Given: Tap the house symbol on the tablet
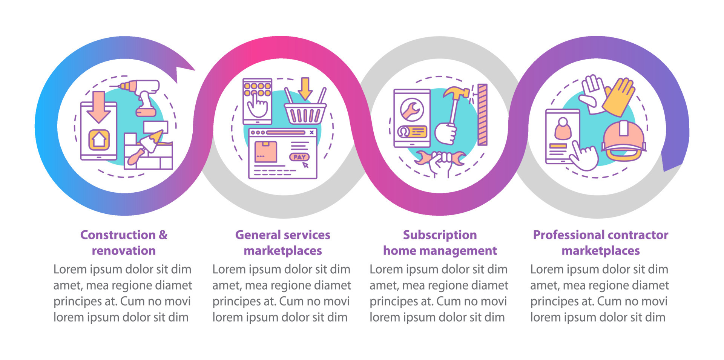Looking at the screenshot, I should tap(99, 140).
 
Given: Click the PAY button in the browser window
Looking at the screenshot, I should tap(299, 157).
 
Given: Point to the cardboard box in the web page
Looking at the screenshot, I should tap(266, 152).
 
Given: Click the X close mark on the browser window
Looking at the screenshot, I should tap(311, 133).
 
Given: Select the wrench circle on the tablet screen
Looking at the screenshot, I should tap(412, 110).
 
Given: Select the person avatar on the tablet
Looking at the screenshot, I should tap(563, 129).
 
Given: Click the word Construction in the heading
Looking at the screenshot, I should tap(118, 235).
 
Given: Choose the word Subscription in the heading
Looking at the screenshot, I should tap(440, 235).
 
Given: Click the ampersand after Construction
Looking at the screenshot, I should tap(163, 235).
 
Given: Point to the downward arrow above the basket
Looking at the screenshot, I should tap(305, 88).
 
